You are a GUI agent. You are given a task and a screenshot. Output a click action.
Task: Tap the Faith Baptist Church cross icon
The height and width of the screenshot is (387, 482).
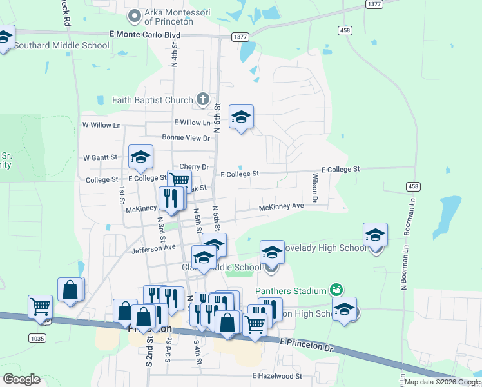coord(203,99)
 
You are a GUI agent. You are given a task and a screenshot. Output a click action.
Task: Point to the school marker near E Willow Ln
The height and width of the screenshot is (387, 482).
coord(241,117)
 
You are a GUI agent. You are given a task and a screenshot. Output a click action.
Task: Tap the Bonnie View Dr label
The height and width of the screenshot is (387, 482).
coord(186,138)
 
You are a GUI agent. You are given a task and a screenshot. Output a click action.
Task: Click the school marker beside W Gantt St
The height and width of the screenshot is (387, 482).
coord(140,156)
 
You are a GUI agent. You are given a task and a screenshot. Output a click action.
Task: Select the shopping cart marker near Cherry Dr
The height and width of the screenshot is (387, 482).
coord(179,181)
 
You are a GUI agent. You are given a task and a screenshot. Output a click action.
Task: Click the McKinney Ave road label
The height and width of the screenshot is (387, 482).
coord(281,206)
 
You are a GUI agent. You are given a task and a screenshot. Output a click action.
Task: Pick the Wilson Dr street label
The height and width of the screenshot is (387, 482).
coord(315,187)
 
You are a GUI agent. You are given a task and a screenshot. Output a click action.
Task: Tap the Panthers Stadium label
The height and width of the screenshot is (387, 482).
coord(291,291)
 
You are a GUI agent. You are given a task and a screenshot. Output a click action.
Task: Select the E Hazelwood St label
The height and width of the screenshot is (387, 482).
coord(277,375)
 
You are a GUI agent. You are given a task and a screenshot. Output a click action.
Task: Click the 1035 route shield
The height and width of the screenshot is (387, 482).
coord(37,337)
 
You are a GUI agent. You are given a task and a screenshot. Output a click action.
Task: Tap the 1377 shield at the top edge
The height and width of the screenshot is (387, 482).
coord(374,4)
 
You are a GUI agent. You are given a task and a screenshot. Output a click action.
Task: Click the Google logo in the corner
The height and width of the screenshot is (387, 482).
coord(21,379)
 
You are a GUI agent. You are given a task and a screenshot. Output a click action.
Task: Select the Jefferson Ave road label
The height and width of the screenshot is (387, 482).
coord(153,248)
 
